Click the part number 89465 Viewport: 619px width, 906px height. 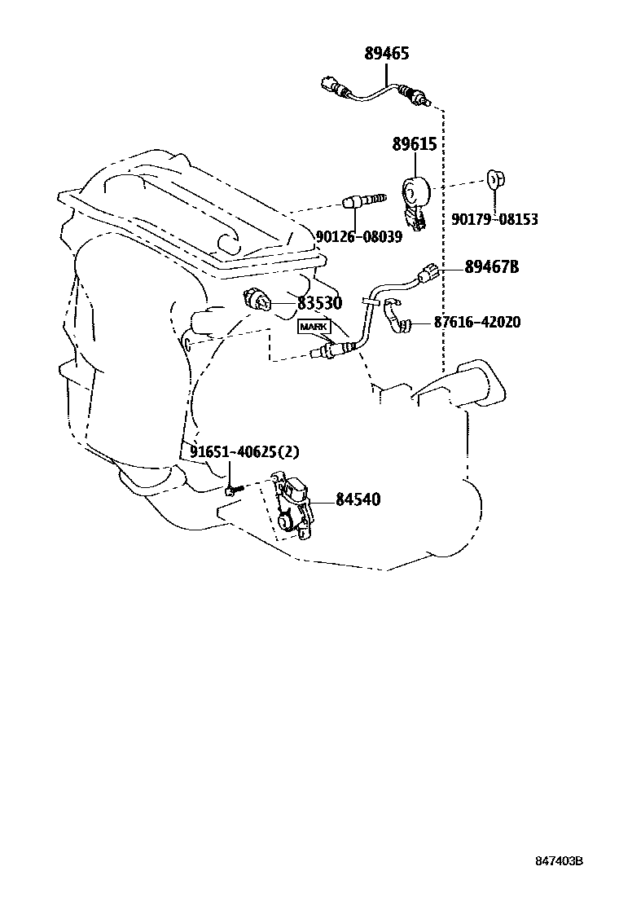386,55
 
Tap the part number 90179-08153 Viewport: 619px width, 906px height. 494,219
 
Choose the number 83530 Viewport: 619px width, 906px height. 318,303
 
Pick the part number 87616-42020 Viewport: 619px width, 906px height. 476,322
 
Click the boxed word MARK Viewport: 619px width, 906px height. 314,327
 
